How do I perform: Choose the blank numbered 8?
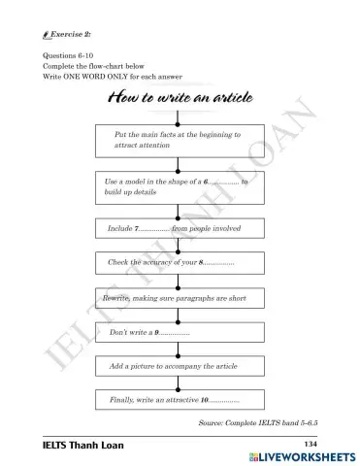coord(219,263)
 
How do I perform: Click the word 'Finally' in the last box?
coord(122,400)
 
